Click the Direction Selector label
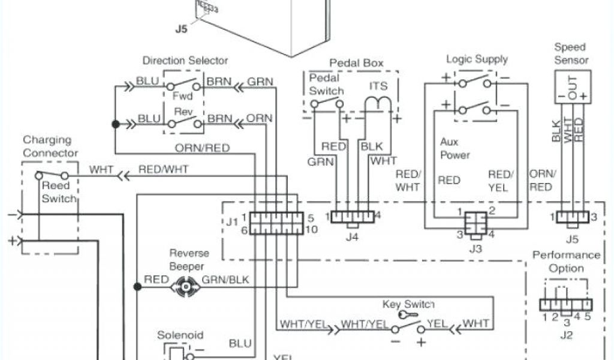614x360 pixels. coord(185,61)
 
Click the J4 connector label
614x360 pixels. coord(353,236)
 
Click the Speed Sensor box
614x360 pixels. coord(571,86)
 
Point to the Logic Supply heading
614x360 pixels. coord(477,59)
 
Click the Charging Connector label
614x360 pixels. coord(50,146)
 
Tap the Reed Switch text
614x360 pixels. coord(59,192)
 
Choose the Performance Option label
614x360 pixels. coord(566,262)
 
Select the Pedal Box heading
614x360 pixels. coord(356,64)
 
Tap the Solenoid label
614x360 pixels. coord(180,335)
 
